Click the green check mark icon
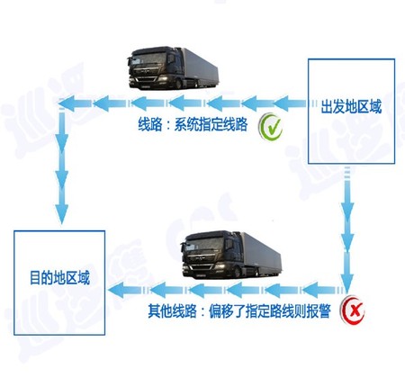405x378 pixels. click(270, 127)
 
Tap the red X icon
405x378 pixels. click(352, 310)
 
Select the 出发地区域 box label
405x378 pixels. click(351, 107)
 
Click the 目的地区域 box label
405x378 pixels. click(59, 278)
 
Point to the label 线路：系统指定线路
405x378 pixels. click(193, 124)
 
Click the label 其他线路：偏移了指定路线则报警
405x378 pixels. click(239, 311)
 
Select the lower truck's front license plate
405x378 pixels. click(200, 274)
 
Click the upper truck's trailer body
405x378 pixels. click(199, 67)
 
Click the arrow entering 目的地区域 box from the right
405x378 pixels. click(125, 290)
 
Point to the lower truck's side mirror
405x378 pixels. click(229, 244)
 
